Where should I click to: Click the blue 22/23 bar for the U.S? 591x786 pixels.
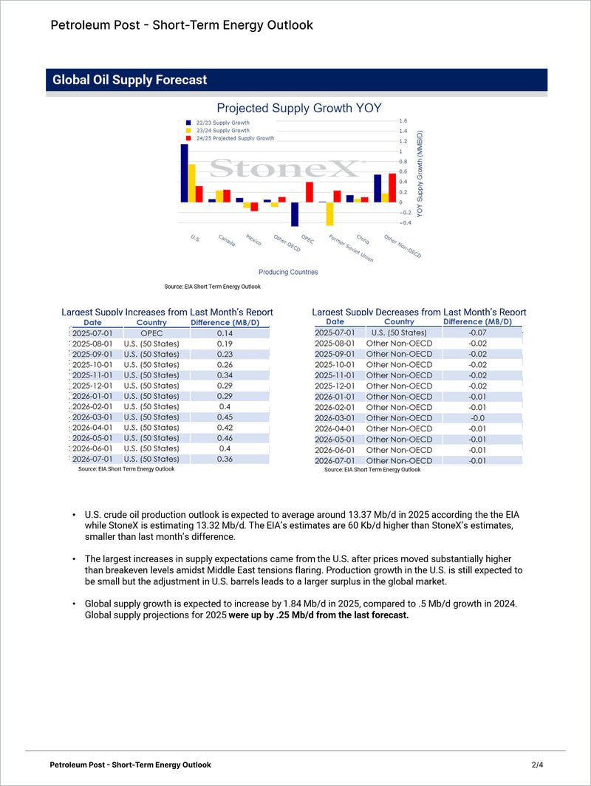[x=184, y=173]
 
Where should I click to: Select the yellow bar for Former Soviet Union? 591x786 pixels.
[x=329, y=213]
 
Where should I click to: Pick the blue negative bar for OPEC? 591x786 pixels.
[x=294, y=214]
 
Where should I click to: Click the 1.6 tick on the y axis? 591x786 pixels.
[x=403, y=120]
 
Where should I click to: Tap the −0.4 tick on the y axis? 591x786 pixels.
[x=406, y=222]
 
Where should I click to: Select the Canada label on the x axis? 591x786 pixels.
[x=227, y=241]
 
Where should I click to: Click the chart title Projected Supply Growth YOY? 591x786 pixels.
[x=298, y=108]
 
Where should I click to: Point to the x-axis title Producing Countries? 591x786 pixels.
[x=288, y=272]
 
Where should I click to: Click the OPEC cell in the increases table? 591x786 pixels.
[x=151, y=333]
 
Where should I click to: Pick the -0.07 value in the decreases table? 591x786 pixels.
[x=477, y=332]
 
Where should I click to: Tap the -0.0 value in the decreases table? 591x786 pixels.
[x=477, y=418]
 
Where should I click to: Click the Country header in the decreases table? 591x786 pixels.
[x=399, y=321]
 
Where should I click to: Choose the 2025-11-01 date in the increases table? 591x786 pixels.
[x=92, y=375]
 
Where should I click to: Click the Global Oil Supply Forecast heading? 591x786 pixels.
[x=130, y=80]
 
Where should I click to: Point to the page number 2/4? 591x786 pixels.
[x=537, y=765]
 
